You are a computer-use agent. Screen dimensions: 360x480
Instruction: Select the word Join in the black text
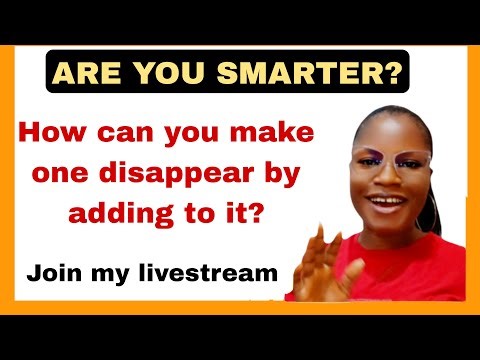(56, 271)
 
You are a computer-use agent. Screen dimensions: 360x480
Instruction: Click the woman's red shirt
(420, 270)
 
